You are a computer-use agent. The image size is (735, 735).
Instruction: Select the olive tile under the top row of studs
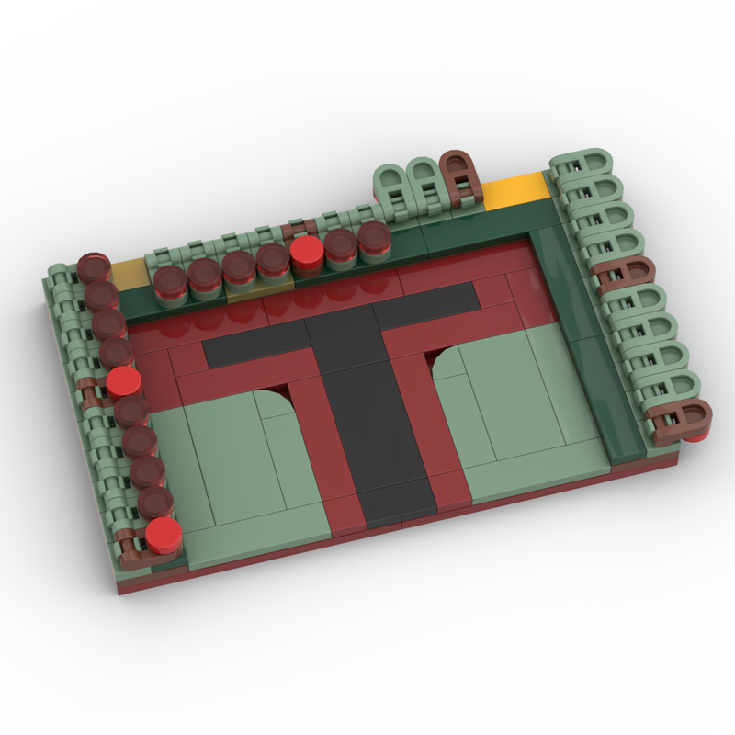click(x=243, y=294)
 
